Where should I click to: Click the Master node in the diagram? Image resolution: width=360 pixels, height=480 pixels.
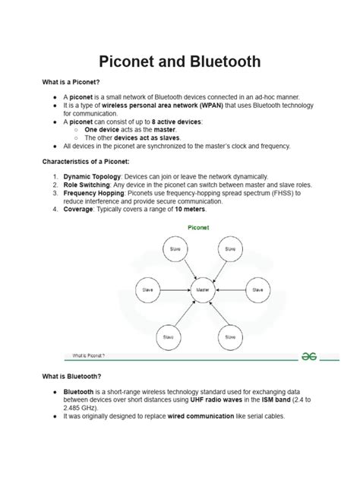click(201, 289)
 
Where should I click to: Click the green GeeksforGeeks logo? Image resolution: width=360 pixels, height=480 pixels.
click(308, 354)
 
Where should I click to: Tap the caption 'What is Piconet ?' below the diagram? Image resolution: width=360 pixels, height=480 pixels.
click(89, 355)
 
